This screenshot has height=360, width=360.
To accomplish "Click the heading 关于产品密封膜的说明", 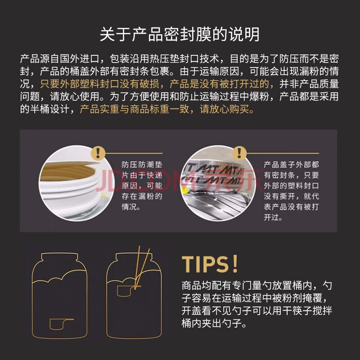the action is pos(180,35).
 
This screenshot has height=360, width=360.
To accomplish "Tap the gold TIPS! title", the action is pos(210,264).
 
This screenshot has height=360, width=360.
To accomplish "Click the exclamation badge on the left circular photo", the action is pos(98,153).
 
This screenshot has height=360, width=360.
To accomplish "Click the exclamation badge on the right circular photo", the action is pos(239,153).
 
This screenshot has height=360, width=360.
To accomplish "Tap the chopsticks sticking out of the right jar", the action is pos(142,266).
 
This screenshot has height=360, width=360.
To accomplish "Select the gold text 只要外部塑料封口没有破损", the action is pos(99,84).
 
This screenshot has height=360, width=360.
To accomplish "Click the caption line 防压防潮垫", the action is pos(142,165).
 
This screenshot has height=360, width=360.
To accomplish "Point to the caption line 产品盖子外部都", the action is pos(291,165).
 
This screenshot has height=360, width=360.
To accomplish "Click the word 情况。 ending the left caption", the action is pos(131,207).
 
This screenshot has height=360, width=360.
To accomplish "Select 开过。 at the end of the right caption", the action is pos(273,217).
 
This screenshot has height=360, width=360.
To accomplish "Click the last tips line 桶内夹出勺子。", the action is pos(214,323).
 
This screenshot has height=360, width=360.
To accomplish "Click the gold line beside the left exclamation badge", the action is pos(134,153).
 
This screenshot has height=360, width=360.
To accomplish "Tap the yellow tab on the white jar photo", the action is pos(104,195).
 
